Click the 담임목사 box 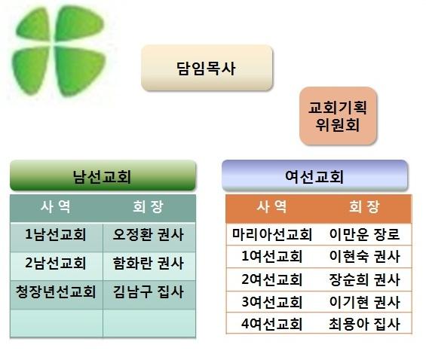[207, 68]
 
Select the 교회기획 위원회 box [338, 116]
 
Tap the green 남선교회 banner [103, 175]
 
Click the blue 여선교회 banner [314, 175]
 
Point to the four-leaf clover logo [58, 50]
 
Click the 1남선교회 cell [57, 236]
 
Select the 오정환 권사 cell [149, 236]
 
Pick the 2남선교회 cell [57, 266]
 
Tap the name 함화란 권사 [149, 263]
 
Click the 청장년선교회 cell [57, 294]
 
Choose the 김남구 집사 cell [149, 294]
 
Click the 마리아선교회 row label [272, 234]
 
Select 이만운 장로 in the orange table [365, 234]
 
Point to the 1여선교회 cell [272, 256]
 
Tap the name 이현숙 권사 [365, 256]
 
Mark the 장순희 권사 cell [365, 279]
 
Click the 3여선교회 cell [272, 302]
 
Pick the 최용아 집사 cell [365, 323]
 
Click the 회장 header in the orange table [364, 206]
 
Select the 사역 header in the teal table [56, 206]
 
